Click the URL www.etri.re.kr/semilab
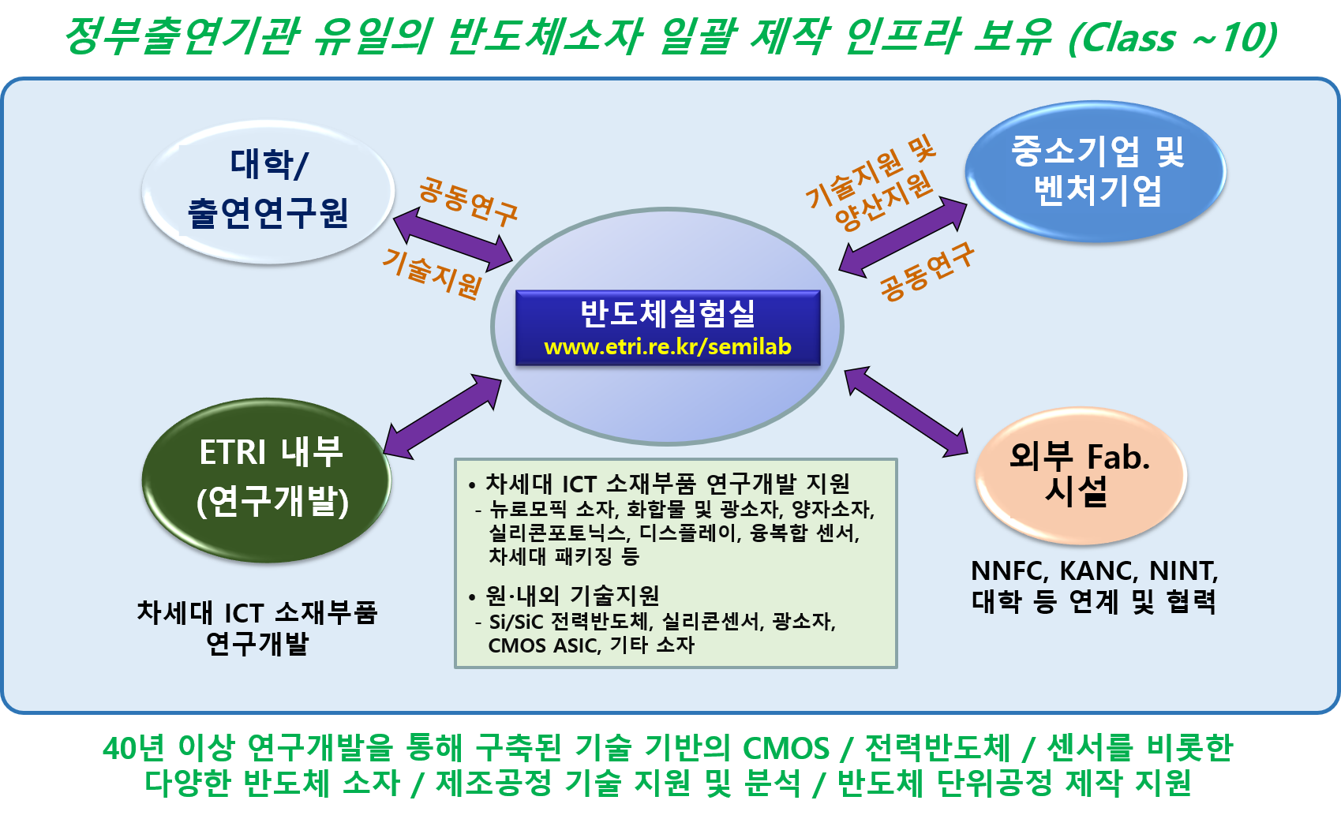pyautogui.click(x=667, y=347)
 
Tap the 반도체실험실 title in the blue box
pyautogui.click(x=667, y=313)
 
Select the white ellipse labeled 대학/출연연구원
pyautogui.click(x=268, y=191)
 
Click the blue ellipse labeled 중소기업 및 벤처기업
pyautogui.click(x=1096, y=171)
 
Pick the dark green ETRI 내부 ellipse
pyautogui.click(x=267, y=479)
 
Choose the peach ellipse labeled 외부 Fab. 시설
pyautogui.click(x=1080, y=475)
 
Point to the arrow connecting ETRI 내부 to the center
pyautogui.click(x=443, y=416)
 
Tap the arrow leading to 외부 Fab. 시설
pyautogui.click(x=905, y=411)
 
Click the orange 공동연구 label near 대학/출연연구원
pyautogui.click(x=467, y=201)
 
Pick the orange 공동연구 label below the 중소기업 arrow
pyautogui.click(x=927, y=271)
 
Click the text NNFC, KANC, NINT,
pyautogui.click(x=1094, y=570)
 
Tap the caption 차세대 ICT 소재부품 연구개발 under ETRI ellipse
pyautogui.click(x=257, y=627)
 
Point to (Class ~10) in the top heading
pyautogui.click(x=1171, y=37)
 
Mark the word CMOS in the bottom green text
pyautogui.click(x=786, y=748)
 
